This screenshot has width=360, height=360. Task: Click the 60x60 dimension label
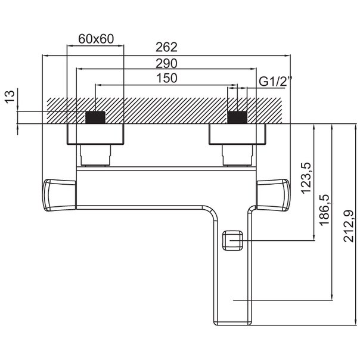pyautogui.click(x=96, y=39)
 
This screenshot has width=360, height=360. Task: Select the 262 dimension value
pyautogui.click(x=166, y=47)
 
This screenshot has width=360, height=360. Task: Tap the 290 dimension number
pyautogui.click(x=166, y=63)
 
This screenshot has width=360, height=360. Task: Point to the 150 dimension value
pyautogui.click(x=167, y=78)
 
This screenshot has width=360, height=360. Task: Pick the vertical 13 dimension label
pyautogui.click(x=10, y=97)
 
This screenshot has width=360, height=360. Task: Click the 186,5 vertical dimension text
pyautogui.click(x=325, y=210)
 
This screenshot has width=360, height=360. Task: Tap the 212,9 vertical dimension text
pyautogui.click(x=348, y=226)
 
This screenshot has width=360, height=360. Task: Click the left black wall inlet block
pyautogui.click(x=95, y=117)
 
